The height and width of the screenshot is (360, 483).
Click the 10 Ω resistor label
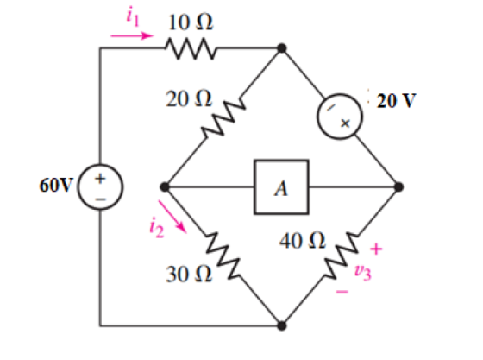point(191,22)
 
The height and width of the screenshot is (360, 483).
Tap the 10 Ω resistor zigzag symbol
point(191,48)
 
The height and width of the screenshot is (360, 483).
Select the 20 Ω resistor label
point(189,99)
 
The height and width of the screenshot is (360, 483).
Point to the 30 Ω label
point(189,274)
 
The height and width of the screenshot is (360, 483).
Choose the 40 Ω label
point(302,241)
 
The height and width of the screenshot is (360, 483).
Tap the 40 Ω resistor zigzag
point(342,256)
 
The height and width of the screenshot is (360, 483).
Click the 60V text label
point(55,185)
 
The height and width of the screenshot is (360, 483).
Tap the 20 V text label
point(396,100)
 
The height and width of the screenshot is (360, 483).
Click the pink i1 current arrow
point(132,35)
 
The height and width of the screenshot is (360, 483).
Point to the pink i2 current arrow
point(172,217)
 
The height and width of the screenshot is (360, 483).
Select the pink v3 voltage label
point(363,272)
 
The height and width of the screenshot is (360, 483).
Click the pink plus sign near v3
point(376,249)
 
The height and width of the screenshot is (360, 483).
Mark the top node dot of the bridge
point(281,48)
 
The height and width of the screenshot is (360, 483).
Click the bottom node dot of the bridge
point(281,325)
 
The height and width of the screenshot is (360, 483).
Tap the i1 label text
point(133,16)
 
